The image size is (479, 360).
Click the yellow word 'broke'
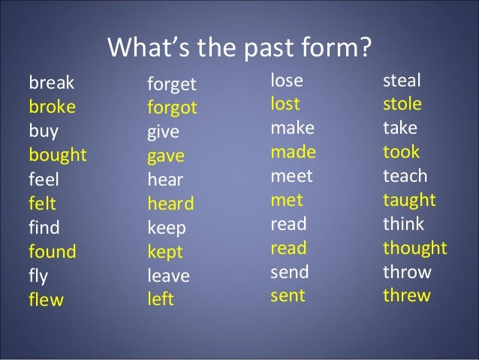52,107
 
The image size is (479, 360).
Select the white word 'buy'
44,132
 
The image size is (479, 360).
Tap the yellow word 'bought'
58,156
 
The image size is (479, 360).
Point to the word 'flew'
46,301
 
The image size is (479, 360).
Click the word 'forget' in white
171,83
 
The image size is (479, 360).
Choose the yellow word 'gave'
165,156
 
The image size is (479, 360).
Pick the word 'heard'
170,204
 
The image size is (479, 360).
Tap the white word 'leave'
168,276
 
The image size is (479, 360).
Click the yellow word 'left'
160,300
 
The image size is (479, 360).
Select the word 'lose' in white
287,80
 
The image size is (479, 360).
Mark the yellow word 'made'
293,152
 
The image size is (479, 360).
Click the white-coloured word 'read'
288,224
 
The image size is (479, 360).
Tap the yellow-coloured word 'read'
288,248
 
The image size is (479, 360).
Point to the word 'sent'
288,296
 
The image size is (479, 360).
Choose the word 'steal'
402,80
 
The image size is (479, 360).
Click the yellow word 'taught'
409,200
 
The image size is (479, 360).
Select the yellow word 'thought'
414,248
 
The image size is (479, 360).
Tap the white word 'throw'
407,272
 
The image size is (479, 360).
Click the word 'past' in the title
257,48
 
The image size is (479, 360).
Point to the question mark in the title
364,47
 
